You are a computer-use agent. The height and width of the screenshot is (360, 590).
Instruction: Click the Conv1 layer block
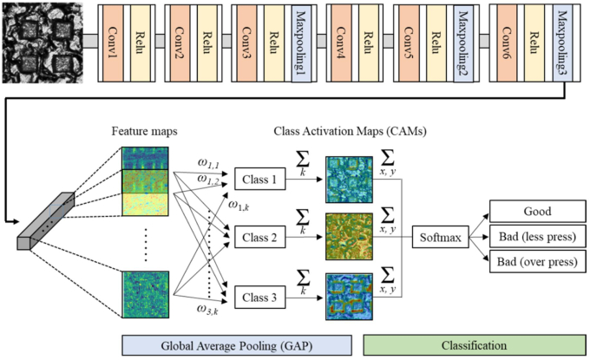pos(113,43)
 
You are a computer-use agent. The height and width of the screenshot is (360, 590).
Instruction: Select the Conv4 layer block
pos(341,43)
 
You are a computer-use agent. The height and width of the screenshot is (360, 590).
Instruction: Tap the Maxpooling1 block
pos(301,43)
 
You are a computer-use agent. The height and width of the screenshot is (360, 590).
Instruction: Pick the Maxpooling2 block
pos(463,43)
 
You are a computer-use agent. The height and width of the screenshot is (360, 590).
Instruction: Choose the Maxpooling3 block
pos(562,43)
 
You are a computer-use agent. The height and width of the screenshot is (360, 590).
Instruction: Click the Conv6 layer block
pos(507,43)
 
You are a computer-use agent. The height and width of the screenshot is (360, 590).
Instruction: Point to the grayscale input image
pos(43,43)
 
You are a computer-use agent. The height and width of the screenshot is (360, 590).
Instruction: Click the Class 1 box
pos(259,179)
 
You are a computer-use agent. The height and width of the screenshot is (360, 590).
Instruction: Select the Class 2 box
pos(259,237)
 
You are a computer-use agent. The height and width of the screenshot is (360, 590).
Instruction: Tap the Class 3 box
pos(259,298)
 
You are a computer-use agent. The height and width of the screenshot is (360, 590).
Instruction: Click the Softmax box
pos(440,237)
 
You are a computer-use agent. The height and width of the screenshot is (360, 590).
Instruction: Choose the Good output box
pos(537,211)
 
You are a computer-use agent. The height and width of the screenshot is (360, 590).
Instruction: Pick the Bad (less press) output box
pos(537,236)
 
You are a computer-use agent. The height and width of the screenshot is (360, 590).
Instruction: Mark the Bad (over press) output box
pos(537,261)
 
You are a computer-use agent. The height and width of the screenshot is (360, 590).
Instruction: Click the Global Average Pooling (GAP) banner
pos(237,345)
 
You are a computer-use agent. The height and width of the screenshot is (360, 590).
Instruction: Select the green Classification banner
pos(474,345)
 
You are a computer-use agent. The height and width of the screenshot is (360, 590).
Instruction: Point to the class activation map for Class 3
pos(349,297)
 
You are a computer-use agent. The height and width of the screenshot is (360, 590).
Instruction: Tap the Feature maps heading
pos(145,131)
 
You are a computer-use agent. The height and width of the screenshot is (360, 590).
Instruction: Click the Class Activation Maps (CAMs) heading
pos(350,131)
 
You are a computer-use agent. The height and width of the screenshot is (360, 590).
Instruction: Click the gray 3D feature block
pos(46,221)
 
